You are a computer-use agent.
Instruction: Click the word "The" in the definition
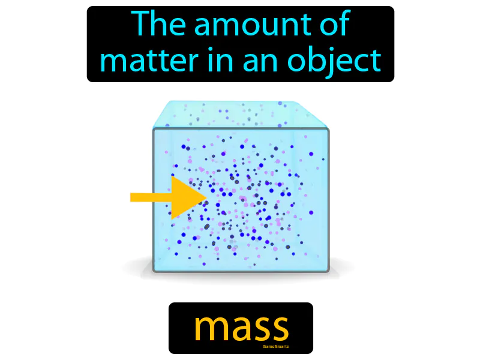(x=156, y=25)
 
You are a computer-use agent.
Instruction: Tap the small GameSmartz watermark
(x=277, y=346)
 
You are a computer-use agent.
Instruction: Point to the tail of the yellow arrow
(x=135, y=197)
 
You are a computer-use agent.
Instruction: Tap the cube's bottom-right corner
(x=328, y=271)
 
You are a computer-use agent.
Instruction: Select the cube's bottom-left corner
(x=154, y=271)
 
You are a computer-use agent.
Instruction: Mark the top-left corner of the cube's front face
(x=154, y=129)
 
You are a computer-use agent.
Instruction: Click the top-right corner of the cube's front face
(x=328, y=129)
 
